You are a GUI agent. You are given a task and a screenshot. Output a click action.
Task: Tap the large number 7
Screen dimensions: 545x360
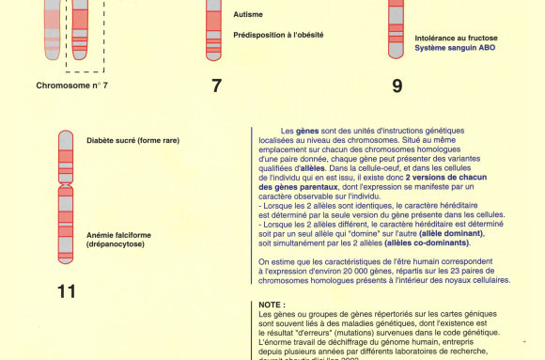pos(216,86)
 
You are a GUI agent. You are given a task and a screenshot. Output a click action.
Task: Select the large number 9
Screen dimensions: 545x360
pos(397,86)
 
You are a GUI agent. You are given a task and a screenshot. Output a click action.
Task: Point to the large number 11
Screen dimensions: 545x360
pos(66,291)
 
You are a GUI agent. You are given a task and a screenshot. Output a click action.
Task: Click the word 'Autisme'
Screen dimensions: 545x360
pos(248,15)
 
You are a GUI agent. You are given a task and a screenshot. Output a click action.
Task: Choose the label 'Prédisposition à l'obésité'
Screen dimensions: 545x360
pos(278,36)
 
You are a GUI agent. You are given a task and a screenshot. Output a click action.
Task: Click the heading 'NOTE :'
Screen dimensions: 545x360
pos(271,305)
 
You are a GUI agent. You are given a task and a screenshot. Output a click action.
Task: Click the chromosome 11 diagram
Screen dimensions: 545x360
pos(66,196)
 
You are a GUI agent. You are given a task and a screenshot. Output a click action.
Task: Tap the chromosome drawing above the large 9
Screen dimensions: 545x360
pos(397,28)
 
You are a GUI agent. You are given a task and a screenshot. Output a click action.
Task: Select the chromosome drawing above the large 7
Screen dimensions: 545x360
pos(214,28)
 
